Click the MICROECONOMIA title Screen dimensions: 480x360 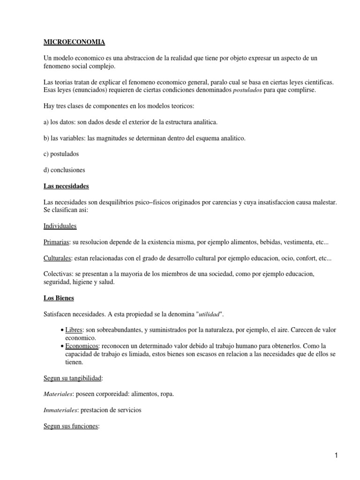click(x=74, y=43)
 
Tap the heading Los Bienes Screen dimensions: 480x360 click(x=59, y=298)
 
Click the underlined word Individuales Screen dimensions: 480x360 click(x=60, y=226)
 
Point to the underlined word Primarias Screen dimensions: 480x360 click(x=56, y=242)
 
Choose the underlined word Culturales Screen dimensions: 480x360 click(x=57, y=258)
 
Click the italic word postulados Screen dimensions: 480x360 click(x=248, y=90)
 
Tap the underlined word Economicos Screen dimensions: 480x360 click(x=82, y=345)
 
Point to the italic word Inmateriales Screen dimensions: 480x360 click(x=61, y=410)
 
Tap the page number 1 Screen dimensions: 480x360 click(x=337, y=455)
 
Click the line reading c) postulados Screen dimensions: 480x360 click(x=61, y=154)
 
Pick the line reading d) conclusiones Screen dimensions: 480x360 click(x=64, y=170)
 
